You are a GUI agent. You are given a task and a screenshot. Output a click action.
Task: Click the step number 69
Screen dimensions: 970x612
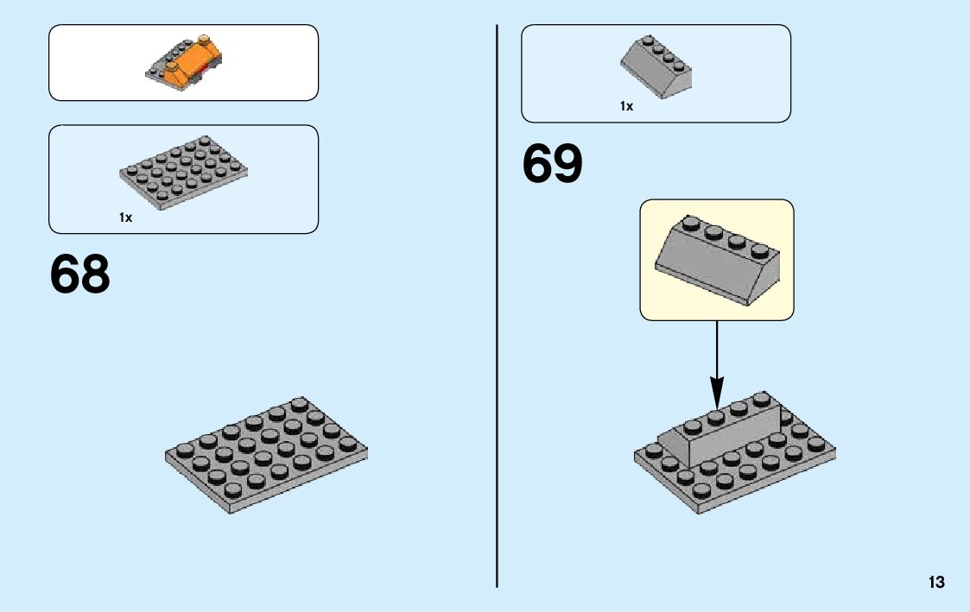click(x=553, y=164)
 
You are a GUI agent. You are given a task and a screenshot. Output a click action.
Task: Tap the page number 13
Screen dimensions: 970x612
click(x=936, y=583)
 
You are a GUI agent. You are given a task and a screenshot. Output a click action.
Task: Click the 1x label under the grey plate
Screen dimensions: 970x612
click(x=126, y=218)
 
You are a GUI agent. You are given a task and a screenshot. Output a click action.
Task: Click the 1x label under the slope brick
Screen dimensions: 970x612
click(x=626, y=106)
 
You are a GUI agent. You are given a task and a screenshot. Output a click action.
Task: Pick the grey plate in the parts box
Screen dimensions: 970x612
click(x=171, y=172)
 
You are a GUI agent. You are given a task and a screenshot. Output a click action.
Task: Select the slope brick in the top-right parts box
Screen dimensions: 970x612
click(x=657, y=67)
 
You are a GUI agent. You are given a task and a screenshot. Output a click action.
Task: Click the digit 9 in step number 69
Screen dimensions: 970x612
click(x=568, y=164)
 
